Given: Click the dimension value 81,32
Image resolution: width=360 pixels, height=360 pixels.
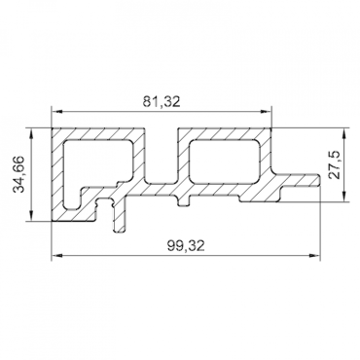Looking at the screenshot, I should click(162, 98).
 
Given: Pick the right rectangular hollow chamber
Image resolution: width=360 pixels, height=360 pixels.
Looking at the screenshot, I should click(226, 160).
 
